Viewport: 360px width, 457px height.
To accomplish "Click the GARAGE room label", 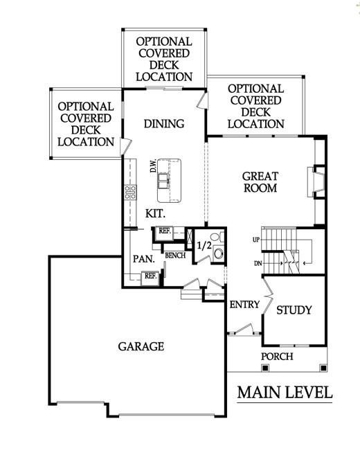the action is [x=141, y=346].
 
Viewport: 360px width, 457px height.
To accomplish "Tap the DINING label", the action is [x=164, y=124].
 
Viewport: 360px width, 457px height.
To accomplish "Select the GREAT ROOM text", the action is [x=260, y=182].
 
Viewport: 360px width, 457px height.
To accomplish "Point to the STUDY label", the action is [x=294, y=310].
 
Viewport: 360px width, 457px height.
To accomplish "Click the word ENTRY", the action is [x=244, y=305].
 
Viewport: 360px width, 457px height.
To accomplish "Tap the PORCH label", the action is [x=277, y=357].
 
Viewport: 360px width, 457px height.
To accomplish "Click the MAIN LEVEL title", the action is [x=285, y=393].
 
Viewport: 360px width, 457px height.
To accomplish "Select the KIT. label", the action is [x=155, y=214].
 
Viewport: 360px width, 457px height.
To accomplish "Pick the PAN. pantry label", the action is [x=144, y=259].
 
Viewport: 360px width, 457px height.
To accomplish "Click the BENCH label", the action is [x=175, y=256].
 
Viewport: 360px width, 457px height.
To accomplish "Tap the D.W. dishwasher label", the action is [x=153, y=165].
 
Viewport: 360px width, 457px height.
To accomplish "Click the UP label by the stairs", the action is [x=256, y=240].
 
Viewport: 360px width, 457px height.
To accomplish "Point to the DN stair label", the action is [x=258, y=264].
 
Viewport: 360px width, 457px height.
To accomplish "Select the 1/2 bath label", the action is [x=204, y=245].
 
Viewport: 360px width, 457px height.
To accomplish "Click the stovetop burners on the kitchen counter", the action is [x=130, y=192].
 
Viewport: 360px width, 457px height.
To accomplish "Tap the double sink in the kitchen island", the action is [x=163, y=181].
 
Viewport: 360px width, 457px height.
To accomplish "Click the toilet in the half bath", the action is [x=217, y=236].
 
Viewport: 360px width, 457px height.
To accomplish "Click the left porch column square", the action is [x=264, y=368].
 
